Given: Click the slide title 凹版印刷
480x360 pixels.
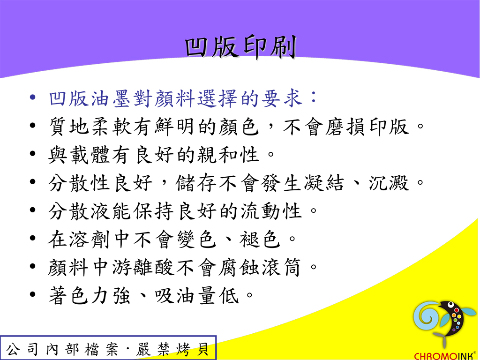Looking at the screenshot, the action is pos(240,47).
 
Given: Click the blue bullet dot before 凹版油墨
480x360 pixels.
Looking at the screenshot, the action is pos(33,97).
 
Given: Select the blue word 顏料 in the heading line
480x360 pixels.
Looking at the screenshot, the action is pos(175,98).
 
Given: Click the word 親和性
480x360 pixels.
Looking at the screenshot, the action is pos(228,155).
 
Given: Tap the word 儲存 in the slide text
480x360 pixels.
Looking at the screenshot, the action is pos(196,183).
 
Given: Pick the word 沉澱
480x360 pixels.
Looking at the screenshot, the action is pos(389,183).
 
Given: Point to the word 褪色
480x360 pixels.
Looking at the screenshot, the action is pos(260,240).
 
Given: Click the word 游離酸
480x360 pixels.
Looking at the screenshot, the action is pos(143,268).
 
